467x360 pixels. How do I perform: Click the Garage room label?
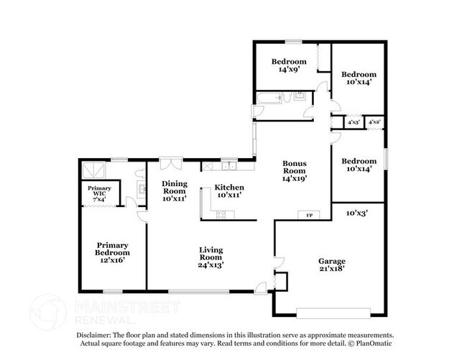[x=332, y=264]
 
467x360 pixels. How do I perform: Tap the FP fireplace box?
[x=310, y=216]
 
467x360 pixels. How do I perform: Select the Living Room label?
[x=211, y=257]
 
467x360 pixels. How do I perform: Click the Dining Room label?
[x=174, y=190]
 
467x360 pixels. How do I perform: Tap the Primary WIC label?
[x=100, y=193]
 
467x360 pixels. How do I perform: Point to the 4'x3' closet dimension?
[x=353, y=123]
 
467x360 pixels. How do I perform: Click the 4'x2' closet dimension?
[x=374, y=123]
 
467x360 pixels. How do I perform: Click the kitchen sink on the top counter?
[x=229, y=166]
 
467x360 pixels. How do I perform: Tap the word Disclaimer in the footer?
[x=95, y=335]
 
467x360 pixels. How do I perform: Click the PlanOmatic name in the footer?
[x=372, y=344]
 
